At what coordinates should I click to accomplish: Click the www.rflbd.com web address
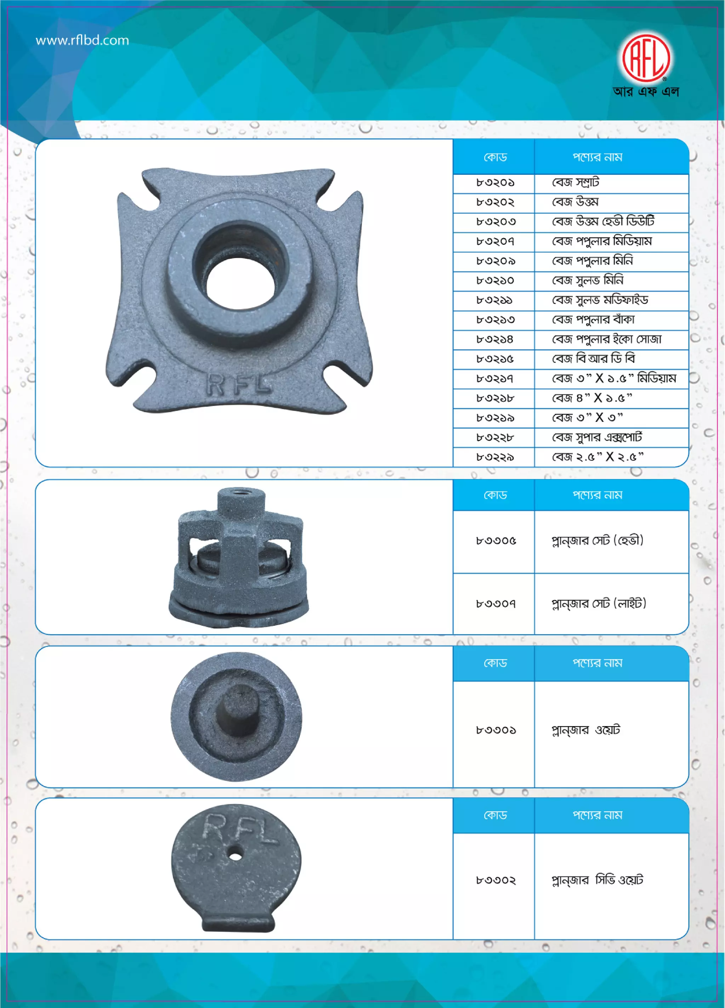click(82, 40)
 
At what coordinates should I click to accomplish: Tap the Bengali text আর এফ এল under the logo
click(646, 92)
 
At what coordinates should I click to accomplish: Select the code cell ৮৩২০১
click(495, 183)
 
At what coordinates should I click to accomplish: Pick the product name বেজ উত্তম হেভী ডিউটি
click(603, 221)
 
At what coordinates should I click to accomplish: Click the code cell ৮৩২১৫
click(495, 359)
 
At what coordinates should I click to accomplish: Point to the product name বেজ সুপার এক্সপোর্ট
click(597, 438)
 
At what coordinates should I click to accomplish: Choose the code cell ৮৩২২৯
click(495, 457)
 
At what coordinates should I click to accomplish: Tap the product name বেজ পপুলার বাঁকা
click(593, 320)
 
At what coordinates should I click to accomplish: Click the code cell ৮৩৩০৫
click(496, 541)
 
